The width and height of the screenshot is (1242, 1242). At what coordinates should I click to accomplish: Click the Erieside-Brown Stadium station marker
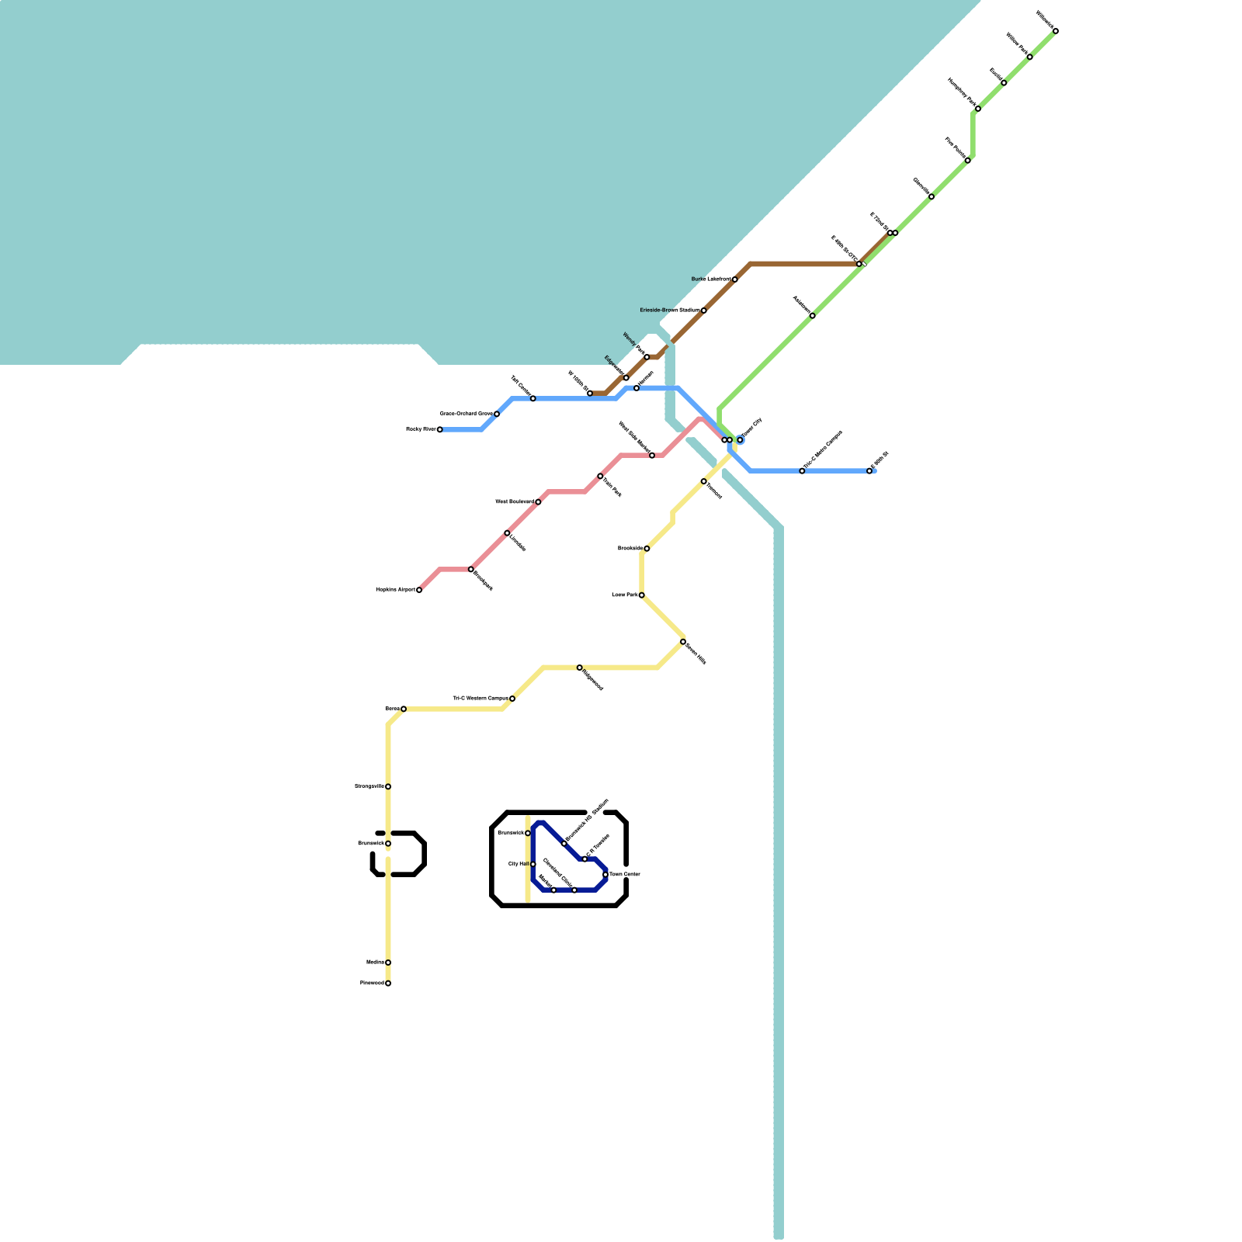pyautogui.click(x=703, y=310)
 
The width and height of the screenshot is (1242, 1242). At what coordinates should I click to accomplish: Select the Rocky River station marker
pyautogui.click(x=439, y=429)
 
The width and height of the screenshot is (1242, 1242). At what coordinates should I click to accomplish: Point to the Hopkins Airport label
pyautogui.click(x=395, y=590)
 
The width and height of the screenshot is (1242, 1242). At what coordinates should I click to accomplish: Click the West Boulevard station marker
pyautogui.click(x=538, y=502)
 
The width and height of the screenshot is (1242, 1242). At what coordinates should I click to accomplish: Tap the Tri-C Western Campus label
pyautogui.click(x=480, y=699)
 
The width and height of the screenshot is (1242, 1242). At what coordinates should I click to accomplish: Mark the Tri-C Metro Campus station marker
pyautogui.click(x=802, y=471)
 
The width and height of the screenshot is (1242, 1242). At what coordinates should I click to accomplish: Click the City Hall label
pyautogui.click(x=518, y=864)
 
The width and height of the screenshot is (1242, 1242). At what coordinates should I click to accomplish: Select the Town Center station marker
pyautogui.click(x=605, y=875)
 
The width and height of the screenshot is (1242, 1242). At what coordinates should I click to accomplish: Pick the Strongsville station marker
pyautogui.click(x=388, y=786)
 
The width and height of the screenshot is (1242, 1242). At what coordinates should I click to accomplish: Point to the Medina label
pyautogui.click(x=375, y=963)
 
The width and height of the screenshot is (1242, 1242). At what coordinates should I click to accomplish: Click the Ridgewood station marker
pyautogui.click(x=579, y=668)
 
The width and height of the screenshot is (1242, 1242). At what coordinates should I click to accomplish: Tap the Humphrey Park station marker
pyautogui.click(x=978, y=109)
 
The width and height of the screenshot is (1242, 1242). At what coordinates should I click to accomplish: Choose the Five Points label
pyautogui.click(x=954, y=147)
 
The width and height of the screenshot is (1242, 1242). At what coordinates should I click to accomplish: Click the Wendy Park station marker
pyautogui.click(x=647, y=357)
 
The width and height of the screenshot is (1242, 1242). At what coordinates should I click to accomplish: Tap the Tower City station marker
pyautogui.click(x=740, y=440)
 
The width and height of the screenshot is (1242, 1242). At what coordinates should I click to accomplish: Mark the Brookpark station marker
pyautogui.click(x=470, y=569)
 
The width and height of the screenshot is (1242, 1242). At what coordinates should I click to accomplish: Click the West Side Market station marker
pyautogui.click(x=652, y=456)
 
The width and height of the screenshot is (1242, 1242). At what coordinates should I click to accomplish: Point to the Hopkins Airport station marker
pyautogui.click(x=419, y=590)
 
